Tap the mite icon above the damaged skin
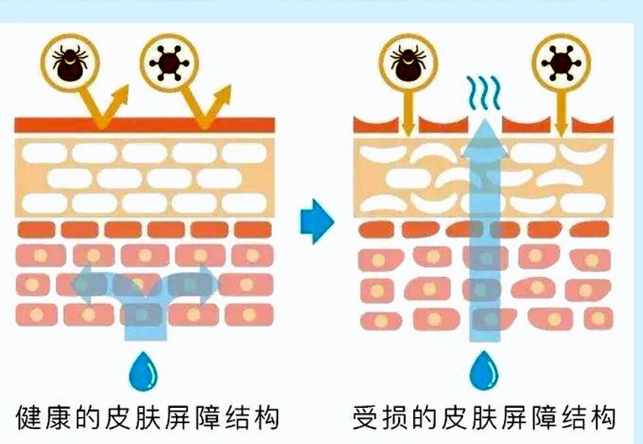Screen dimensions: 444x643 click(407, 60)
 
